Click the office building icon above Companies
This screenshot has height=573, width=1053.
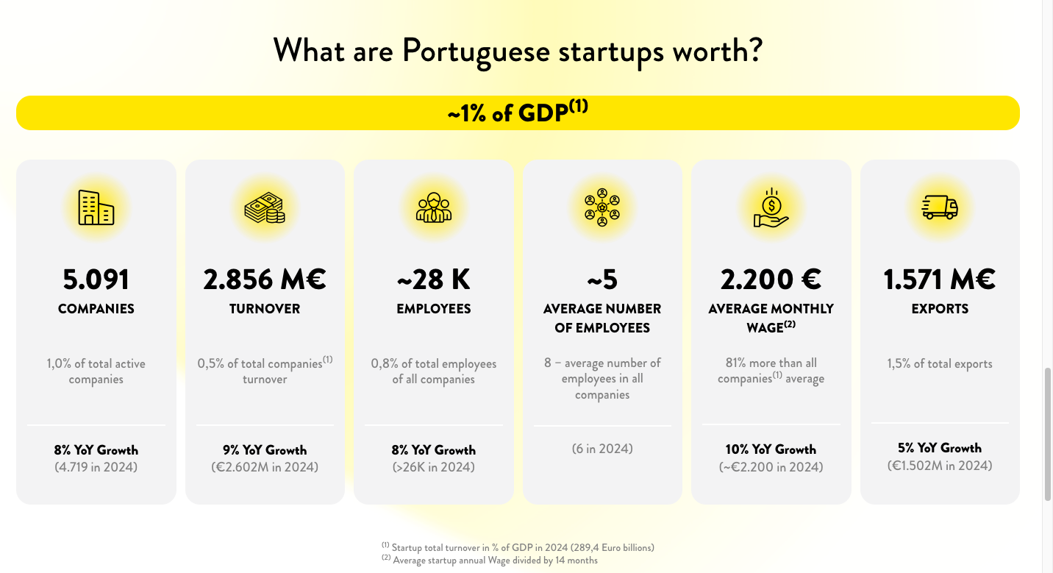96,207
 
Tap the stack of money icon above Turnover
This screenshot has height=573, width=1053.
265,208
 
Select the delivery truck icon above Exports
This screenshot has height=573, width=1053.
940,207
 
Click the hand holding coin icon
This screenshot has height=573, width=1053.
771,208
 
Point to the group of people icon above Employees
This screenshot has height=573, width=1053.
434,208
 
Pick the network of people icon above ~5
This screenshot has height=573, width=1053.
602,208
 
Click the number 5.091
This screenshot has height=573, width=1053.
96,280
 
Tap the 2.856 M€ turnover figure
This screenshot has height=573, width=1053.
265,280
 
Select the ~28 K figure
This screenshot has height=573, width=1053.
434,280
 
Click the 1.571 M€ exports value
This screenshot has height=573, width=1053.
940,280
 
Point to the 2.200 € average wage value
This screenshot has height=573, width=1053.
771,280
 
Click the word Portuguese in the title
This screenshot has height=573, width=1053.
476,51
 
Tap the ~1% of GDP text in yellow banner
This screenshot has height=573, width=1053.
518,113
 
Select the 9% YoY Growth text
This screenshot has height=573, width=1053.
265,449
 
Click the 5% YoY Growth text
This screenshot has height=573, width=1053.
940,448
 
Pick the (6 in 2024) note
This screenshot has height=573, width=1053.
602,448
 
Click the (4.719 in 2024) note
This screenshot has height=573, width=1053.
96,467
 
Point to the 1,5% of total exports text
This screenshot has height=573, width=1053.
940,363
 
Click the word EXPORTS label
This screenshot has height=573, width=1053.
940,309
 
